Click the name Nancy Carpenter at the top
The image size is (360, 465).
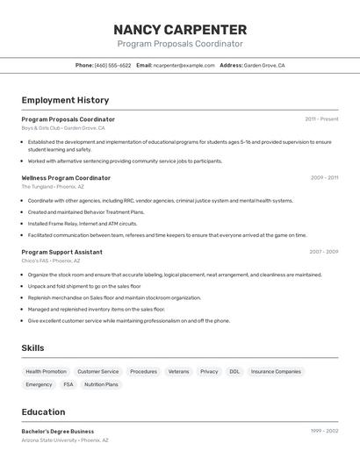tap(180, 29)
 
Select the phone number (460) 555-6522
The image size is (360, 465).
tap(112, 65)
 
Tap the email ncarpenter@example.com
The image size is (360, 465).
tap(184, 65)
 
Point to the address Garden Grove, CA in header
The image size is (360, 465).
tap(263, 65)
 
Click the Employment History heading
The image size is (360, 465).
tap(65, 100)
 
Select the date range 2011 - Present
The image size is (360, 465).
tap(321, 119)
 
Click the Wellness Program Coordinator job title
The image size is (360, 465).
tap(66, 178)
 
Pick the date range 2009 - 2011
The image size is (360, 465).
tap(324, 178)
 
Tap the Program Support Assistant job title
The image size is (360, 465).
tap(61, 252)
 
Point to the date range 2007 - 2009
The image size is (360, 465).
tap(323, 252)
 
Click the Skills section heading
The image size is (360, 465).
tap(32, 348)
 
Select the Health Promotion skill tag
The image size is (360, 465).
tap(46, 371)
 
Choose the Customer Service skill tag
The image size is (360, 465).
tap(97, 371)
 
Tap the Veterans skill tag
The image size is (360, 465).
tap(178, 371)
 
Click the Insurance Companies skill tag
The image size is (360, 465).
tap(276, 371)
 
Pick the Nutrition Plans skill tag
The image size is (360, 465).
tap(101, 384)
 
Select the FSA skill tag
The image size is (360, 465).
tap(68, 384)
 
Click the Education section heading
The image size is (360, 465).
tap(43, 411)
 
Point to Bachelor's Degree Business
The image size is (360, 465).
tap(58, 432)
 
